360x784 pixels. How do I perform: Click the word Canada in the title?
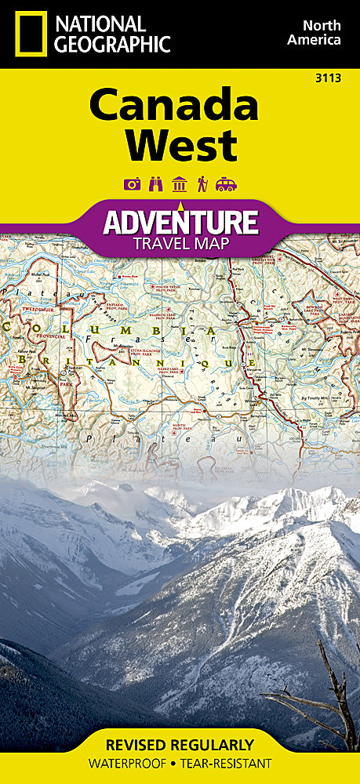coord(173,106)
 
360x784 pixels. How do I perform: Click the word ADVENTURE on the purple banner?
coord(180,222)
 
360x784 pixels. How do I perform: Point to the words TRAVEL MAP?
coord(180,243)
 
